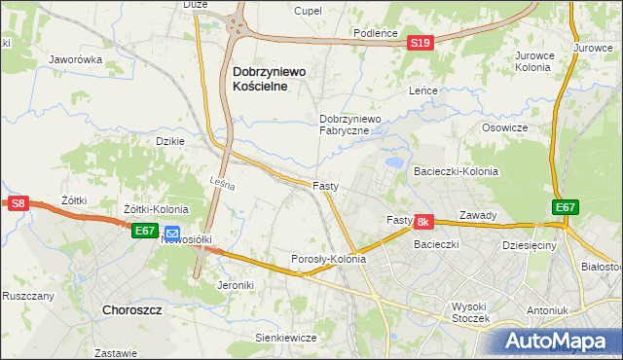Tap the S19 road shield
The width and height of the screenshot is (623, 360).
coord(420,43)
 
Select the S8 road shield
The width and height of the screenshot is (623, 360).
coord(18,202)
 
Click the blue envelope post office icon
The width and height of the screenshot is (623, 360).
coord(171,234)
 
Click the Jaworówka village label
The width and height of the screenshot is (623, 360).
coord(76,59)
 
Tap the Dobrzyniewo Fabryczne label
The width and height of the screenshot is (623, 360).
coord(354,125)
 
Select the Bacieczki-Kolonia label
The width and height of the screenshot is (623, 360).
coord(456,171)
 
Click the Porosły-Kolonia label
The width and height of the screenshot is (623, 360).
coord(329,260)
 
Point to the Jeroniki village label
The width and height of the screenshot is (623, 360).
coord(236,285)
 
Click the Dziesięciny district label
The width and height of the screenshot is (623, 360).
coord(529,247)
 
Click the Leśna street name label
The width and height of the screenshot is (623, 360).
coord(223,181)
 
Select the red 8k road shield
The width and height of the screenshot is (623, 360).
coord(422,222)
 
